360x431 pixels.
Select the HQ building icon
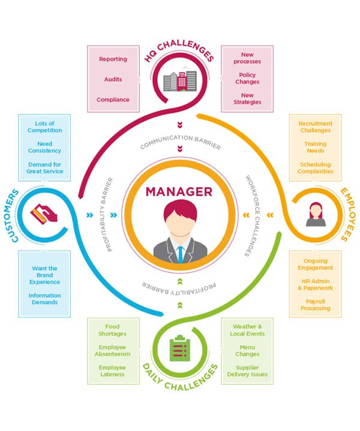pos(179,80)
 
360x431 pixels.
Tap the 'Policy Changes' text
pos(247,79)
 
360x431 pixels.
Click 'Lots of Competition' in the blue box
pos(45,126)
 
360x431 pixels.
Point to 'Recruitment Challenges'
pos(316,126)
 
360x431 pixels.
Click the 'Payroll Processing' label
pos(315,305)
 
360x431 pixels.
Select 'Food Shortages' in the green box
pos(112,330)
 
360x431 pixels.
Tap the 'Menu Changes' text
pos(247,350)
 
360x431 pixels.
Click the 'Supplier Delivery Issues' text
pos(247,370)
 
